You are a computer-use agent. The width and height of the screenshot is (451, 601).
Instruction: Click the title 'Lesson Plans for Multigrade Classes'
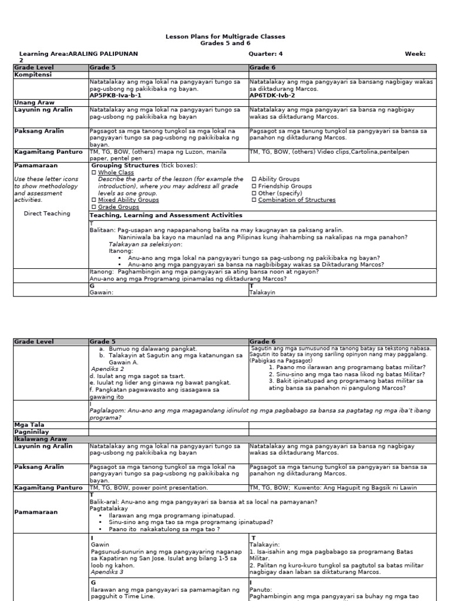pos(225,36)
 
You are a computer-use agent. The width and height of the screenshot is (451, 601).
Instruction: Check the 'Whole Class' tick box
pos(93,173)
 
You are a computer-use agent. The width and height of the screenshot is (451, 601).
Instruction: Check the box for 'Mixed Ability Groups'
pos(93,200)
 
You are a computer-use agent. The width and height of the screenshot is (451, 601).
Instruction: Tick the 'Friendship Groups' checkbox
pos(254,186)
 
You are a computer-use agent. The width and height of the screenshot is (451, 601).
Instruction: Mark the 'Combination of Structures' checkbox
pos(254,200)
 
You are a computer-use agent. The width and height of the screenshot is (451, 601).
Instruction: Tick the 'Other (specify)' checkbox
pos(254,193)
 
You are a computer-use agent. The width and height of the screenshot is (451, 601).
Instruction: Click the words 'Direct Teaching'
pos(47,214)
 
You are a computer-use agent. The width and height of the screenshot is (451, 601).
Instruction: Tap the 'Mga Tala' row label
pos(29,424)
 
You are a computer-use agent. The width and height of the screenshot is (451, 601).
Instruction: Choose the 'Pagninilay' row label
pos(31,431)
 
